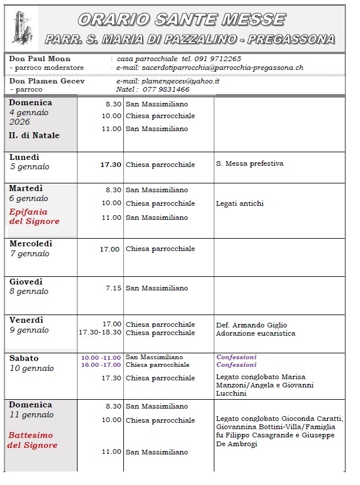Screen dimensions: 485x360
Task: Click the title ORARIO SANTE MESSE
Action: pyautogui.click(x=181, y=19)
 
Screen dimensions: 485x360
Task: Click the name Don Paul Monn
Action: pyautogui.click(x=40, y=59)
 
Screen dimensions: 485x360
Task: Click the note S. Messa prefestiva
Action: pyautogui.click(x=250, y=163)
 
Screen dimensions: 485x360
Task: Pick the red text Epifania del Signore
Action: pyautogui.click(x=34, y=216)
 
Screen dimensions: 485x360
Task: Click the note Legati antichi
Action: pyautogui.click(x=240, y=203)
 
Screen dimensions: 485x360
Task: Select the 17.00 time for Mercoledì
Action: pyautogui.click(x=110, y=249)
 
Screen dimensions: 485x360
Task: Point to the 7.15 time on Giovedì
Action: pyautogui.click(x=113, y=288)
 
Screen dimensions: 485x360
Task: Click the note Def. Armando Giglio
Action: pyautogui.click(x=251, y=325)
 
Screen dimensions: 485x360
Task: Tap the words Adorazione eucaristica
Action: pyautogui.click(x=255, y=333)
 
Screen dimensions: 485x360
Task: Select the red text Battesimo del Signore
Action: pyautogui.click(x=32, y=440)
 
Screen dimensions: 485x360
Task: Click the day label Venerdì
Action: pyautogui.click(x=27, y=320)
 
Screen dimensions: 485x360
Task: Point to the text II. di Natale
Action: pyautogui.click(x=35, y=135)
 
